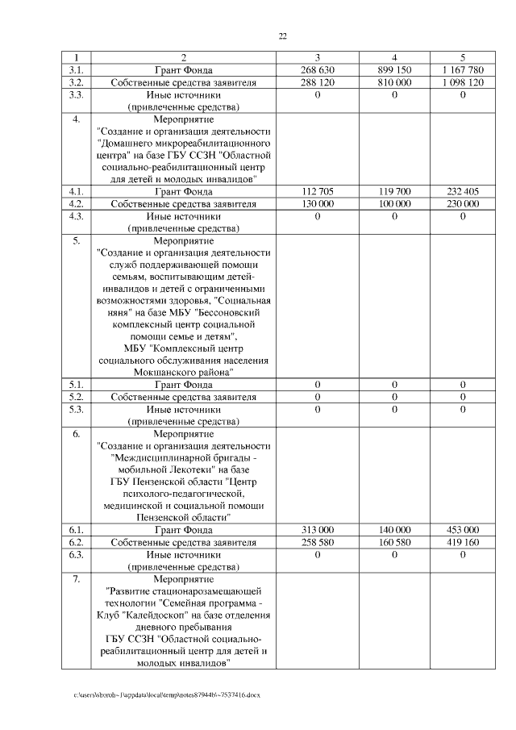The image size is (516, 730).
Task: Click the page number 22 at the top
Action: [283, 35]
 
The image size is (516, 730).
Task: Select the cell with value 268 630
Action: [317, 70]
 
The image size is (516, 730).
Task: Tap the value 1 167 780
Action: [463, 70]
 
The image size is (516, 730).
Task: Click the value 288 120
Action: [317, 82]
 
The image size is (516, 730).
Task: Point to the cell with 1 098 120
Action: [463, 82]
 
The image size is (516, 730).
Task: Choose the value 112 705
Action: [317, 192]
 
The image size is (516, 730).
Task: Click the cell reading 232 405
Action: [463, 192]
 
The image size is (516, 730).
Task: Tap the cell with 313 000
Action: [317, 530]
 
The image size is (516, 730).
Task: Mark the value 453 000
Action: [463, 530]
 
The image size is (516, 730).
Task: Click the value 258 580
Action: [317, 543]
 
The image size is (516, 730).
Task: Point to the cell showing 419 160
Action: [463, 543]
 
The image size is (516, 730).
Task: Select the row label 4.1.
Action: [77, 192]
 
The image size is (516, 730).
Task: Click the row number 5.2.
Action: [77, 398]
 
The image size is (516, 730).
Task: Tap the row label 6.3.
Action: [77, 555]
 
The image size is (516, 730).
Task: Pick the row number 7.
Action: [77, 579]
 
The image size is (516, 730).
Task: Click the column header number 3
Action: [317, 57]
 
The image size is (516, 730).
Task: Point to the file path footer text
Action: [167, 695]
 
